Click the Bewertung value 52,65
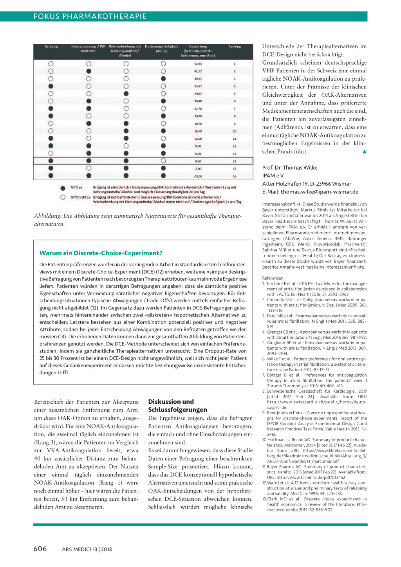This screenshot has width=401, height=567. click(x=198, y=64)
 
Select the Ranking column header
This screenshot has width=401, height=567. click(x=235, y=47)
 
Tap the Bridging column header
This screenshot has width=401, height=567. click(x=52, y=47)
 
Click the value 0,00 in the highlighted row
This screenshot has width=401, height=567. click(x=198, y=161)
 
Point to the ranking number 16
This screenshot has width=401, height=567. click(x=235, y=176)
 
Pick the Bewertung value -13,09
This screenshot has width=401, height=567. click(x=198, y=176)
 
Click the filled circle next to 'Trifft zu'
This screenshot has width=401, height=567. click(x=63, y=188)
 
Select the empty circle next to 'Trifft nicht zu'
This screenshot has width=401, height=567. click(x=63, y=197)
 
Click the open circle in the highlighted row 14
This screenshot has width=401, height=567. click(x=163, y=161)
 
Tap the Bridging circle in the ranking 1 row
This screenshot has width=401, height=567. click(x=51, y=64)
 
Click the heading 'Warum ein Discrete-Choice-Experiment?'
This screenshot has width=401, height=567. click(x=101, y=253)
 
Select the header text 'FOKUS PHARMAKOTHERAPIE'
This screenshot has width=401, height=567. click(x=90, y=16)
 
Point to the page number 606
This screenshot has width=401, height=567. click(x=40, y=549)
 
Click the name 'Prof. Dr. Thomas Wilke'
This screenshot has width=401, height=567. click(x=290, y=168)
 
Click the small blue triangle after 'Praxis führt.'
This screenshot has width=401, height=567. click(x=364, y=152)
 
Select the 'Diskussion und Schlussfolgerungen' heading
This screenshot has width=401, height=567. click(x=177, y=406)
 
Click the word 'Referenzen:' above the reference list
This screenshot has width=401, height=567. click(x=273, y=278)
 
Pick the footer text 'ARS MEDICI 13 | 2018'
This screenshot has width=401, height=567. click(x=87, y=549)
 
